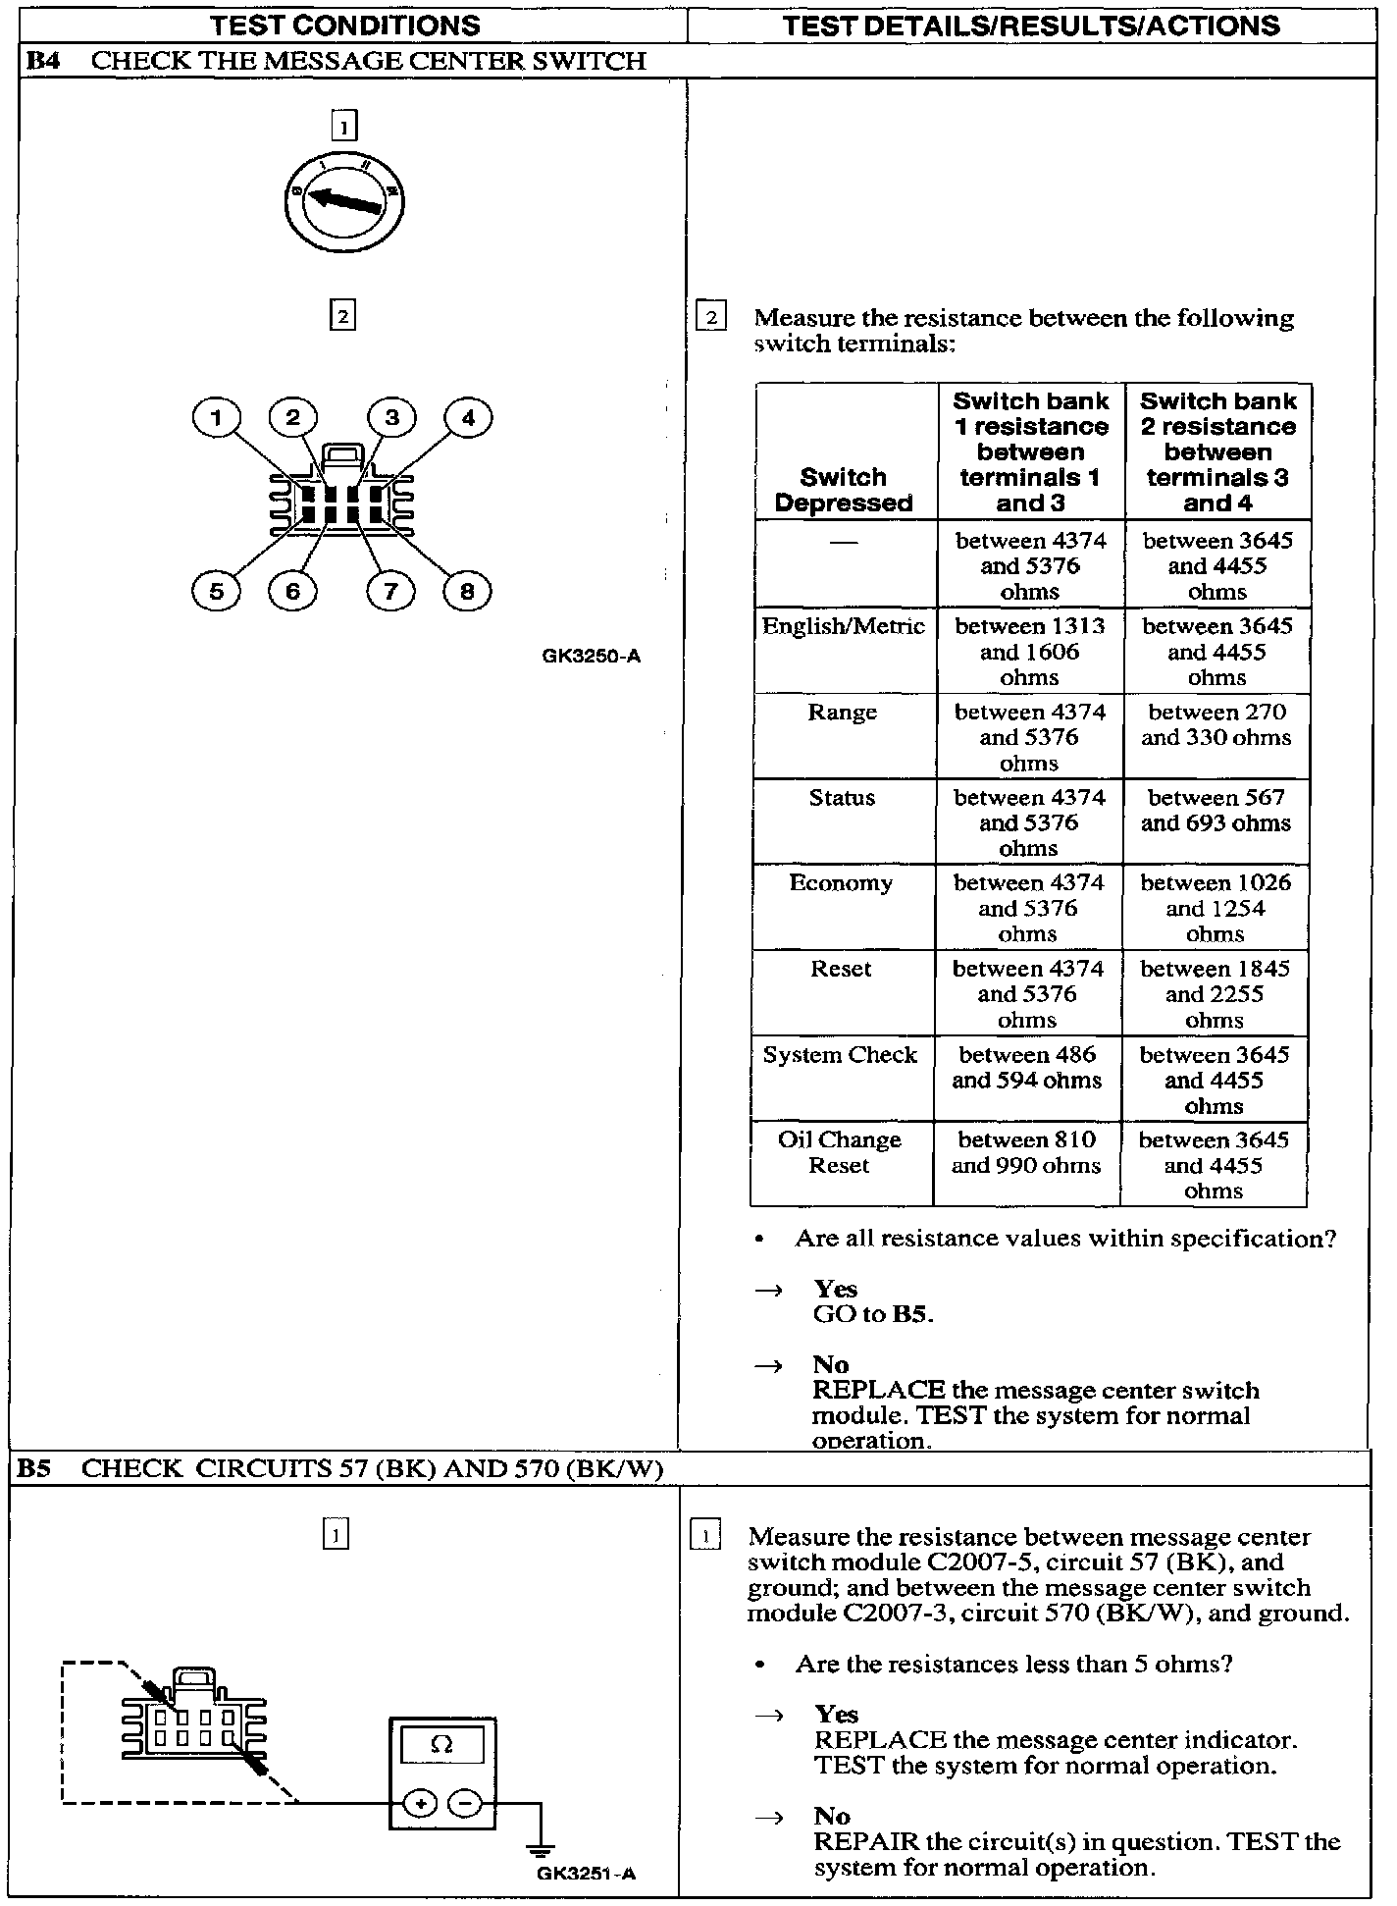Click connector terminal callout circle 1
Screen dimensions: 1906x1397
tap(216, 419)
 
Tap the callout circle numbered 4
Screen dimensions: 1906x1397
tap(468, 419)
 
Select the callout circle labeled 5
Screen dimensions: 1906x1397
tap(216, 591)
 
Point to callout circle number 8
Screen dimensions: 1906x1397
tap(467, 591)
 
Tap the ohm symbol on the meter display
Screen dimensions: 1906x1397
tap(442, 1745)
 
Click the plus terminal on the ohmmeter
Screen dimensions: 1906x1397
tap(420, 1803)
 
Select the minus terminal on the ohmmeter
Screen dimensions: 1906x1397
tap(466, 1803)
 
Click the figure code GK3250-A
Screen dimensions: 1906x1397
tap(591, 657)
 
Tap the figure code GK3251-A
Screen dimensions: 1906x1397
tap(586, 1873)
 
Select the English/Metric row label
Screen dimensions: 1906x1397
tap(843, 626)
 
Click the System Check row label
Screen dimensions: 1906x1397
tap(840, 1055)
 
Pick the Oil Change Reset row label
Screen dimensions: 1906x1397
tap(839, 1152)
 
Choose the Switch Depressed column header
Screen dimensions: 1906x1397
tap(843, 490)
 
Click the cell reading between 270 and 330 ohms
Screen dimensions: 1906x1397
tap(1216, 724)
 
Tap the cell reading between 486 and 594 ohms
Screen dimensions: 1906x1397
tap(1026, 1068)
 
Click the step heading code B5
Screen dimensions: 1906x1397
tap(37, 1469)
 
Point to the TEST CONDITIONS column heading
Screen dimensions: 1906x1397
tap(346, 26)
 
